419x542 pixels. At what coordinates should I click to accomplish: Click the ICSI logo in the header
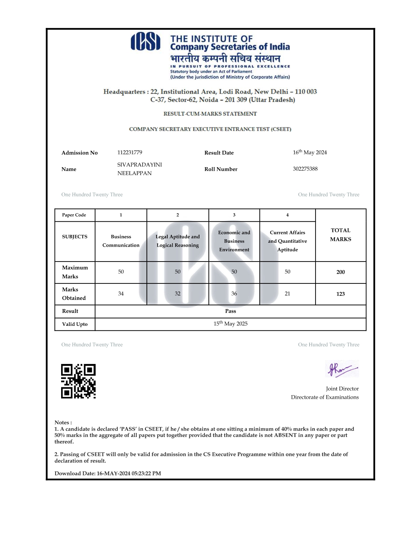click(145, 42)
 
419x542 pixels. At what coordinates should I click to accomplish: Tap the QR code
click(78, 381)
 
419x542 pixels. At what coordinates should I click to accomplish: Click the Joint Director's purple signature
click(342, 369)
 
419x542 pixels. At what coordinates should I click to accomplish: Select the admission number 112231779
click(130, 152)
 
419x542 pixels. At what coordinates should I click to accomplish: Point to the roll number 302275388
click(305, 169)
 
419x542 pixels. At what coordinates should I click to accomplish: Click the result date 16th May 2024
click(310, 152)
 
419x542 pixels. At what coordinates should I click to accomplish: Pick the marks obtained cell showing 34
click(121, 294)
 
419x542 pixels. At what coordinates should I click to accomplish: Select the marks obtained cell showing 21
click(287, 294)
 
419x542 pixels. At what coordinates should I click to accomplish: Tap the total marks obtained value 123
click(340, 294)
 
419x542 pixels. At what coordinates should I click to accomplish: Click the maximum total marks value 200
click(340, 272)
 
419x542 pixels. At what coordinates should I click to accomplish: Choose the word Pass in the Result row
click(230, 311)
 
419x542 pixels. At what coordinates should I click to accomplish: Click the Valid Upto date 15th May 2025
click(230, 324)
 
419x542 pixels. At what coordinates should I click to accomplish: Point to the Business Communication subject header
click(121, 241)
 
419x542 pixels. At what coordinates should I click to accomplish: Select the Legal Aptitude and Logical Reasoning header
click(177, 241)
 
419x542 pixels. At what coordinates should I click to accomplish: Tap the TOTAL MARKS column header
click(340, 235)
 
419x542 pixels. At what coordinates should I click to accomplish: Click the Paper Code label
click(74, 215)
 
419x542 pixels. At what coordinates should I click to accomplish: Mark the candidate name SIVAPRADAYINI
click(140, 165)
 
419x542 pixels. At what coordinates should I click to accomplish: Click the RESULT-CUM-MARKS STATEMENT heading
click(210, 114)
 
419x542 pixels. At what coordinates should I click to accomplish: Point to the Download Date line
click(108, 473)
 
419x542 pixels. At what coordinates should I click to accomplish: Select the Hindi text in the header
click(225, 58)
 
